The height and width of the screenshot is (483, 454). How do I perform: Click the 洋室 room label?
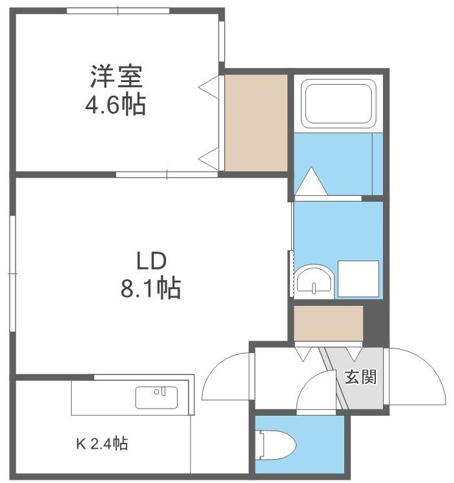(x=117, y=76)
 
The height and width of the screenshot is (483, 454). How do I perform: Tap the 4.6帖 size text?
(x=116, y=105)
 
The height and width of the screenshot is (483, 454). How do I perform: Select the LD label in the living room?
(x=151, y=261)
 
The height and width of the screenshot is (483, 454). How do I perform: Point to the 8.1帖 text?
(x=150, y=288)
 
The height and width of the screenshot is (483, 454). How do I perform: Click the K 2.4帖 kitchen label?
(x=102, y=444)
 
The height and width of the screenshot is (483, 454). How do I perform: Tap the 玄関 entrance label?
(x=360, y=377)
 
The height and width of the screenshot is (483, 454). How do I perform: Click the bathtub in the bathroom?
(x=338, y=103)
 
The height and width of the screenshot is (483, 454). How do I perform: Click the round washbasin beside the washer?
(x=314, y=280)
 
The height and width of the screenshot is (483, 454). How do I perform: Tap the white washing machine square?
(x=358, y=279)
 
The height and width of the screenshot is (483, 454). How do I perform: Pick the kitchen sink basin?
(x=156, y=398)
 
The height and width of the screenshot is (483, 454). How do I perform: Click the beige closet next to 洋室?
(x=256, y=123)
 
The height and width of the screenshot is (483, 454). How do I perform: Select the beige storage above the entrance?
(x=329, y=323)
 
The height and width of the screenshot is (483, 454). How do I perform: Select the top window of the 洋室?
(x=118, y=11)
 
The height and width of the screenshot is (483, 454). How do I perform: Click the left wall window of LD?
(x=12, y=274)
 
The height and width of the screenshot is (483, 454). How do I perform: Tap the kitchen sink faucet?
(x=163, y=391)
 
